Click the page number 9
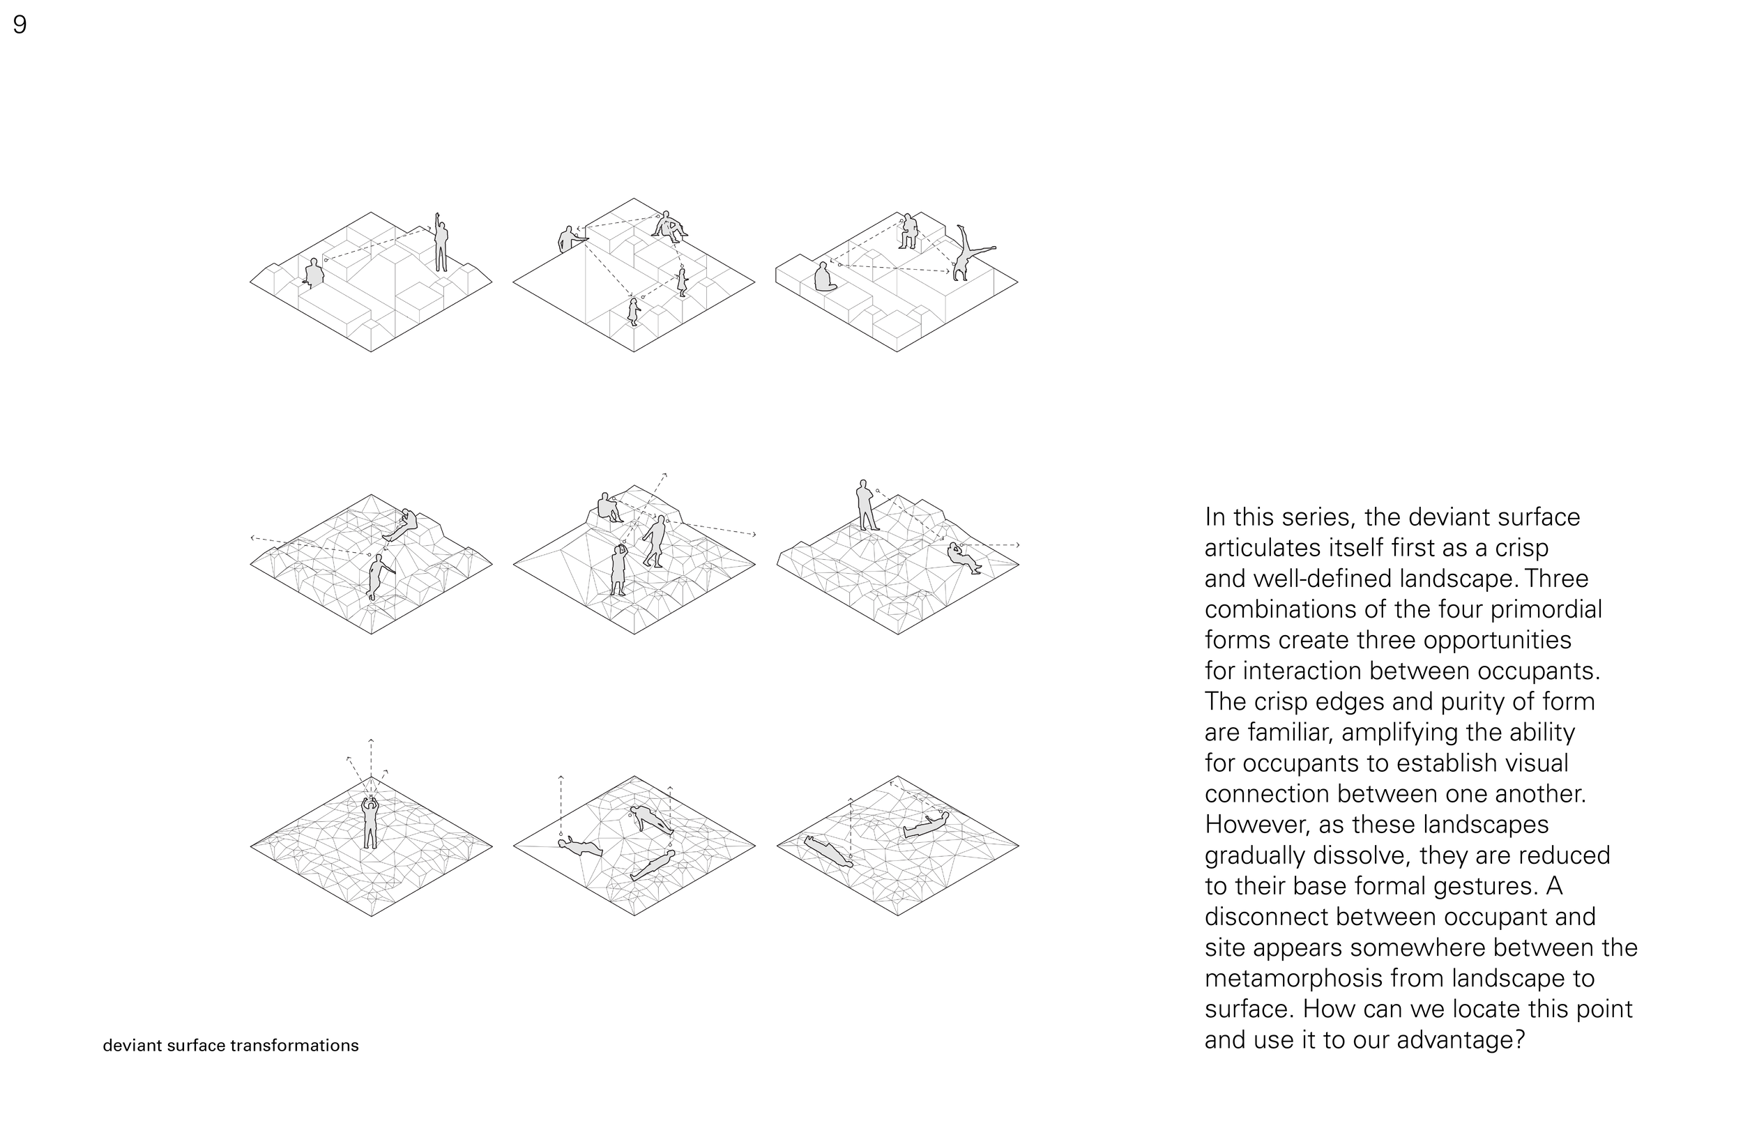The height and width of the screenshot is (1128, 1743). coord(20,25)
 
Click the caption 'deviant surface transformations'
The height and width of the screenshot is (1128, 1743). coord(231,1045)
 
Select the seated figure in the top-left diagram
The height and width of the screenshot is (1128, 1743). coord(314,273)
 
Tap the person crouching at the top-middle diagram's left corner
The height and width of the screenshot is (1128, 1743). coord(568,240)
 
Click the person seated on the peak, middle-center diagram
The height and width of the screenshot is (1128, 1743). coord(608,507)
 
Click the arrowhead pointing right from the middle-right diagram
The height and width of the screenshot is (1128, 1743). coord(1017,545)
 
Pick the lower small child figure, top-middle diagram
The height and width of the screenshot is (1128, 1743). coord(634,312)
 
